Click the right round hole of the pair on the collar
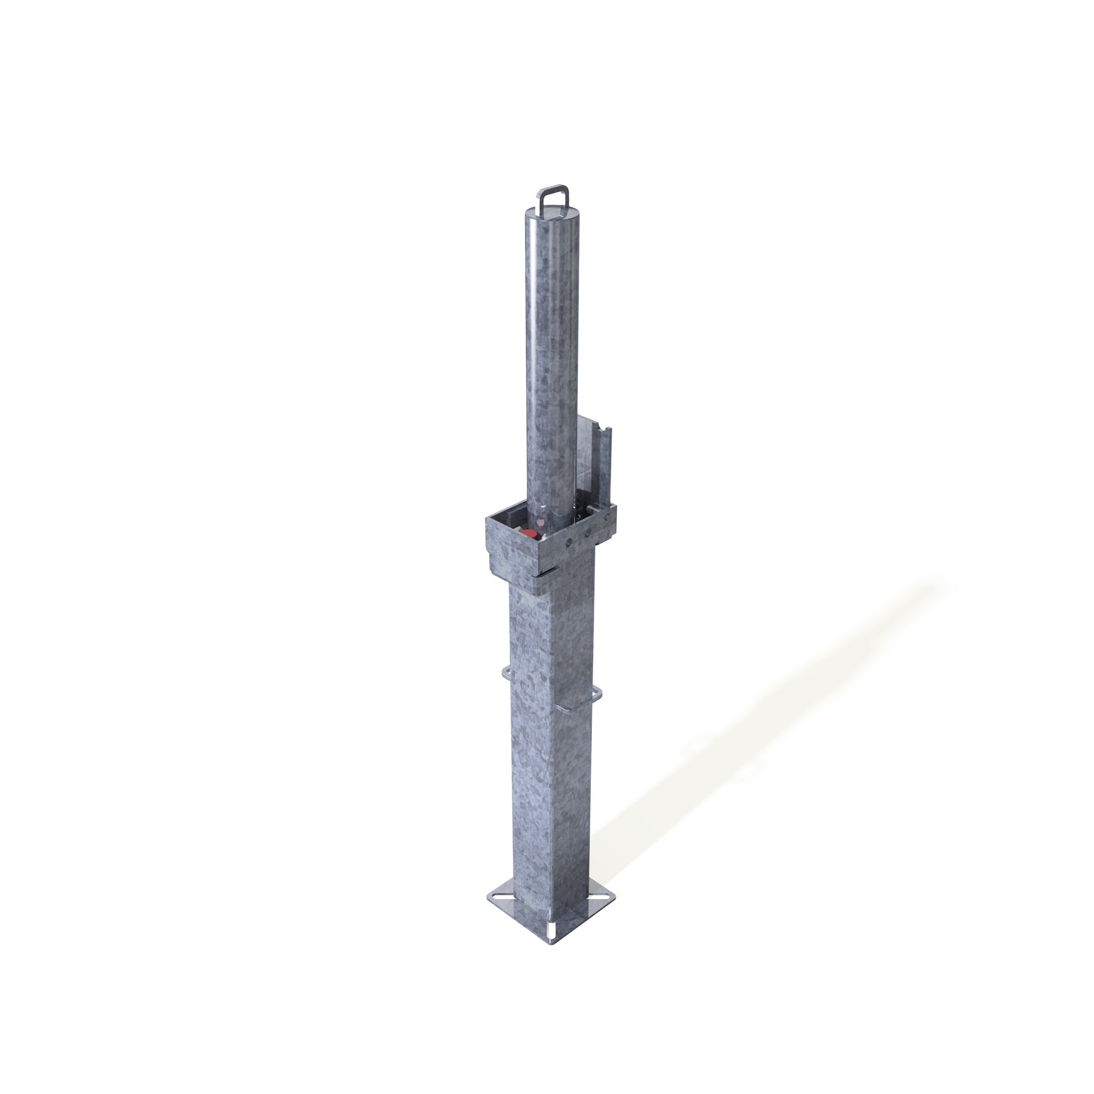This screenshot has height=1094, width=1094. click(x=587, y=533)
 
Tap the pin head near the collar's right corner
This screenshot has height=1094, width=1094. click(x=608, y=517)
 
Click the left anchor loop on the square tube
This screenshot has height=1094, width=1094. click(x=506, y=672)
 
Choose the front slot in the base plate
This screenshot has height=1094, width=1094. click(x=550, y=930)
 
